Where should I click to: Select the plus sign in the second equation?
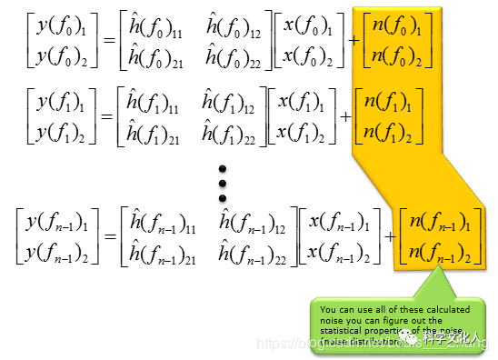click(344, 115)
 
